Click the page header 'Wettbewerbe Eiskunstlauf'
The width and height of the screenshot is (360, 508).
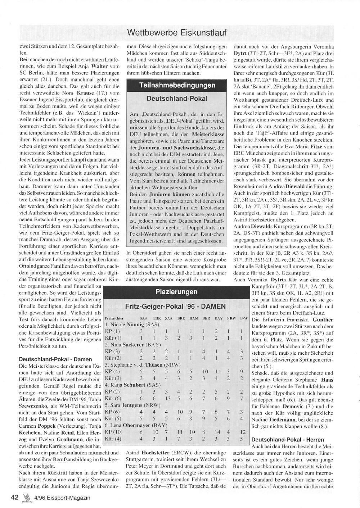tap(176, 33)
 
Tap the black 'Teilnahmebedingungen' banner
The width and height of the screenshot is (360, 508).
tap(177, 85)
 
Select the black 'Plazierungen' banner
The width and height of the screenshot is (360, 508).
tap(176, 292)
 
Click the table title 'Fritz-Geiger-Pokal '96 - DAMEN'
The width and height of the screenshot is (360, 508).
tap(175, 307)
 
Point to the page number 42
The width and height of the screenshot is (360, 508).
tap(15, 498)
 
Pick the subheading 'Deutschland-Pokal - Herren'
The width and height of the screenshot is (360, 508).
tap(287, 440)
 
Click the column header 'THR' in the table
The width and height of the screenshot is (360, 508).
tap(157, 318)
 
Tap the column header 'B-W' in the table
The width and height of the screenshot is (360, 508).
tap(244, 318)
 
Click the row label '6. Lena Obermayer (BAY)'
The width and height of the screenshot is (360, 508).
tap(132, 425)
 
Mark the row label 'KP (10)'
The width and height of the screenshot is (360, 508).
tap(114, 432)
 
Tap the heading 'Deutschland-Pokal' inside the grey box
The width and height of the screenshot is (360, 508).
tap(177, 99)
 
